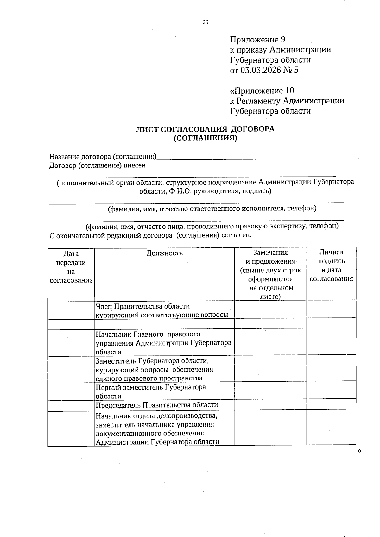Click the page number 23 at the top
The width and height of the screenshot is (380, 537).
(206, 22)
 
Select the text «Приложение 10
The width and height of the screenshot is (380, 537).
(262, 91)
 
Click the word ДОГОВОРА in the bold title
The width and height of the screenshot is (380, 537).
(252, 129)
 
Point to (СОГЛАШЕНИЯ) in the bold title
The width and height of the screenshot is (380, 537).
(205, 138)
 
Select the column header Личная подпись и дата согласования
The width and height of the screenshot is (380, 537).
(331, 265)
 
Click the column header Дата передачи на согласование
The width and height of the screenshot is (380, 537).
(71, 267)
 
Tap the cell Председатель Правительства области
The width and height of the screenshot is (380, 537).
(157, 405)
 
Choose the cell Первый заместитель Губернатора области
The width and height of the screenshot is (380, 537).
(151, 391)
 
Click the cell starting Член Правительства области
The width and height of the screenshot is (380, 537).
(162, 310)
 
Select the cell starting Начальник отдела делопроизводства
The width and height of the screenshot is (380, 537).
(157, 428)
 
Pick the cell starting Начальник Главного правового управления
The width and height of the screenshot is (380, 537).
(163, 343)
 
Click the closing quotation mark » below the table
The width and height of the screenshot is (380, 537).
(359, 451)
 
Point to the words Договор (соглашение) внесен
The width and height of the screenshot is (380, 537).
(98, 165)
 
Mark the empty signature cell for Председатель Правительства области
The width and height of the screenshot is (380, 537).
(331, 405)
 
